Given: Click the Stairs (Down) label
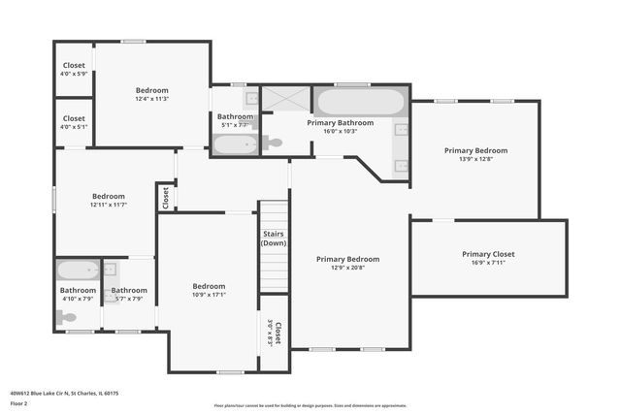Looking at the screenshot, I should [x=274, y=239].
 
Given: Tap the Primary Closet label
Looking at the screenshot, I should [x=488, y=254].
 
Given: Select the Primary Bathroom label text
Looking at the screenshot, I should [x=341, y=123].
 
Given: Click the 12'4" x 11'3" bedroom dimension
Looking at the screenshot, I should [x=151, y=99].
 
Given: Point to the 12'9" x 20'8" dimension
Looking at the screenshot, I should [x=348, y=269].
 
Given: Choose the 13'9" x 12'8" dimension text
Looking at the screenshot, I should [x=475, y=160].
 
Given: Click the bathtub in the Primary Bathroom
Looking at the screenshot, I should [x=359, y=102].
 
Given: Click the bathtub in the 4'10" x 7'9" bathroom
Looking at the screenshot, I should [x=76, y=271].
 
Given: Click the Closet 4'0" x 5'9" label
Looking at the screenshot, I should [x=74, y=69].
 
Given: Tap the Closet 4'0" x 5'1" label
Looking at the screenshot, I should [x=74, y=122].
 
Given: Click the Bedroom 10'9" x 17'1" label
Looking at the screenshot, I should [x=209, y=291].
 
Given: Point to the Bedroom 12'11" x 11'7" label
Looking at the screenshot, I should [x=109, y=200].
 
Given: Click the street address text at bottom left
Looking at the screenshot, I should [x=66, y=393].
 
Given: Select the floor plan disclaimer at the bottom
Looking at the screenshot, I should [x=310, y=405].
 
